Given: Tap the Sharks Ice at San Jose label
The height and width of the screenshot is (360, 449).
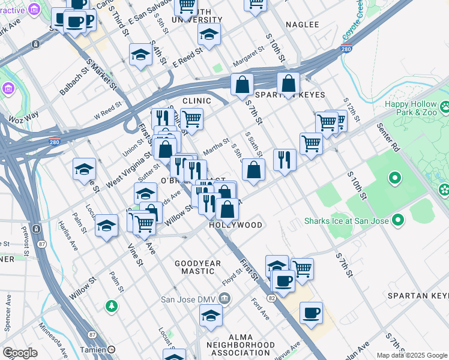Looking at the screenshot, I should coord(347,221).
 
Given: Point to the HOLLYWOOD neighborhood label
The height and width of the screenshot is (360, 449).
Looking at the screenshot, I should coord(236,225).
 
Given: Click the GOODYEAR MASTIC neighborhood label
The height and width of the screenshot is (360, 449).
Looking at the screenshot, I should coord(197,267).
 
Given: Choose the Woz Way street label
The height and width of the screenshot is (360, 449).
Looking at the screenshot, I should coord(23,115).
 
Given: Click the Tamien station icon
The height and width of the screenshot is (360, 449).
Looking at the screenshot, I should coord(112,349).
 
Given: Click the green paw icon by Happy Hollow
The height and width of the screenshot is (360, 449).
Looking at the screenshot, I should coord(445,107).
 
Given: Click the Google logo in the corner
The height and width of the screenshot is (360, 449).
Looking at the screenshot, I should coord(20,353).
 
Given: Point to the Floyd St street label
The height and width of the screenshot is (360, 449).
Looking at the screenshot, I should coord(231,276).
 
